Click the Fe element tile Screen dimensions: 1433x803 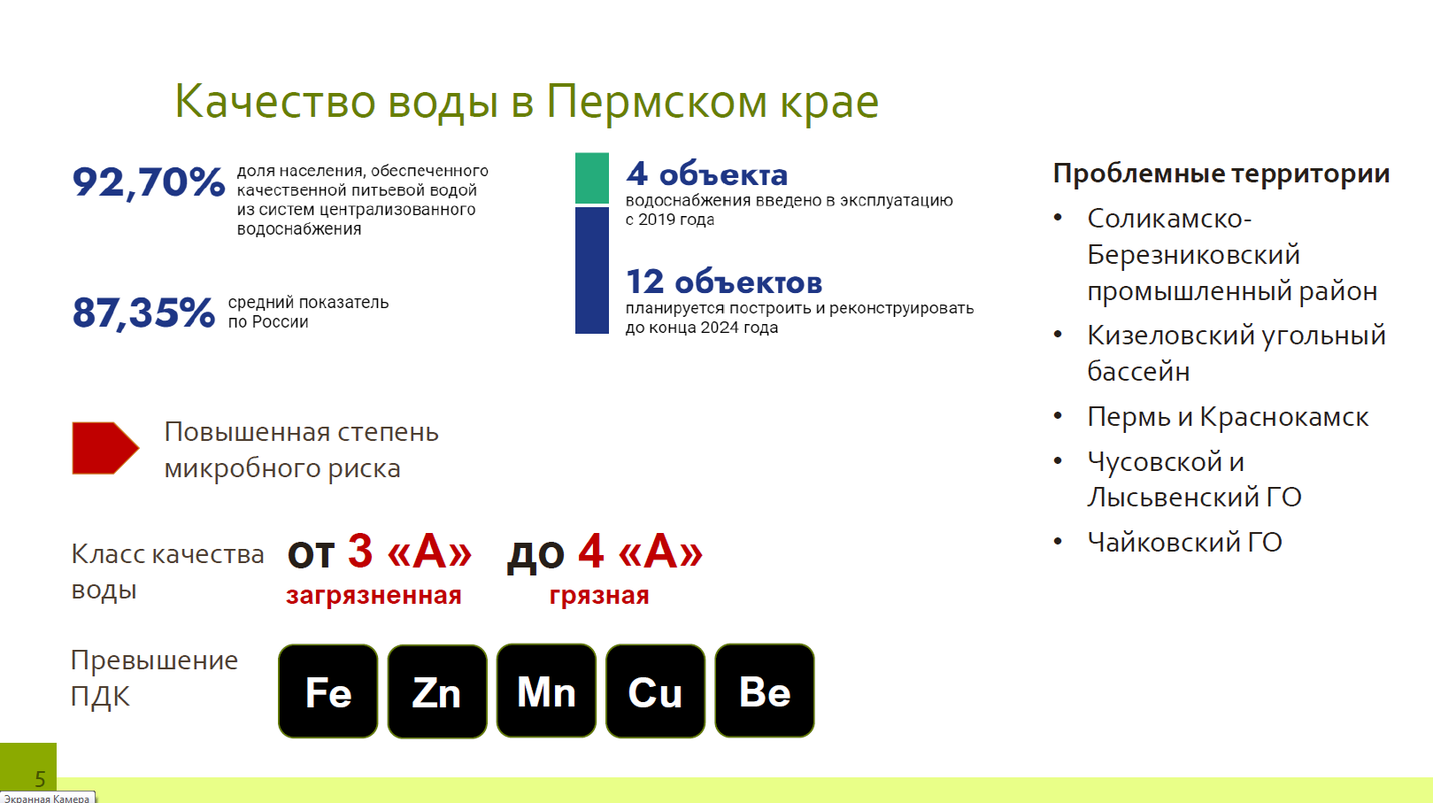coord(328,691)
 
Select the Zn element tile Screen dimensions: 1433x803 coord(437,691)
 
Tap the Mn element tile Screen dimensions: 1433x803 coord(546,691)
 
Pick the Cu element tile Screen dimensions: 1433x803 coord(656,691)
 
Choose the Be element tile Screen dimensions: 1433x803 coord(765,691)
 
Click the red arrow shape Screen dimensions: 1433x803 coord(105,448)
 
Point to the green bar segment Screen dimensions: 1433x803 coord(592,178)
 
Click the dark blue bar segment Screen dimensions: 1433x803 coord(592,271)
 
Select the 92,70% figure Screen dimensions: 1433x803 coord(149,182)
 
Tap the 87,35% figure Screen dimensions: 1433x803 coord(143,313)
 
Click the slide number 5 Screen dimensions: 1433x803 coord(40,779)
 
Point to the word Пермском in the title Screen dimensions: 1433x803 coord(657,102)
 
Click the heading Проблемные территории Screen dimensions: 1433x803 coord(1221,174)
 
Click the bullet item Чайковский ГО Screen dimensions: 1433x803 coord(1185,543)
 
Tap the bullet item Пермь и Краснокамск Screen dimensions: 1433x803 coord(1228,417)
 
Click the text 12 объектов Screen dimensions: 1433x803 coord(723,282)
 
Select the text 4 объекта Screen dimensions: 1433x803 coord(706,174)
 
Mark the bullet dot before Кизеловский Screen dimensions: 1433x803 coord(1058,334)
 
